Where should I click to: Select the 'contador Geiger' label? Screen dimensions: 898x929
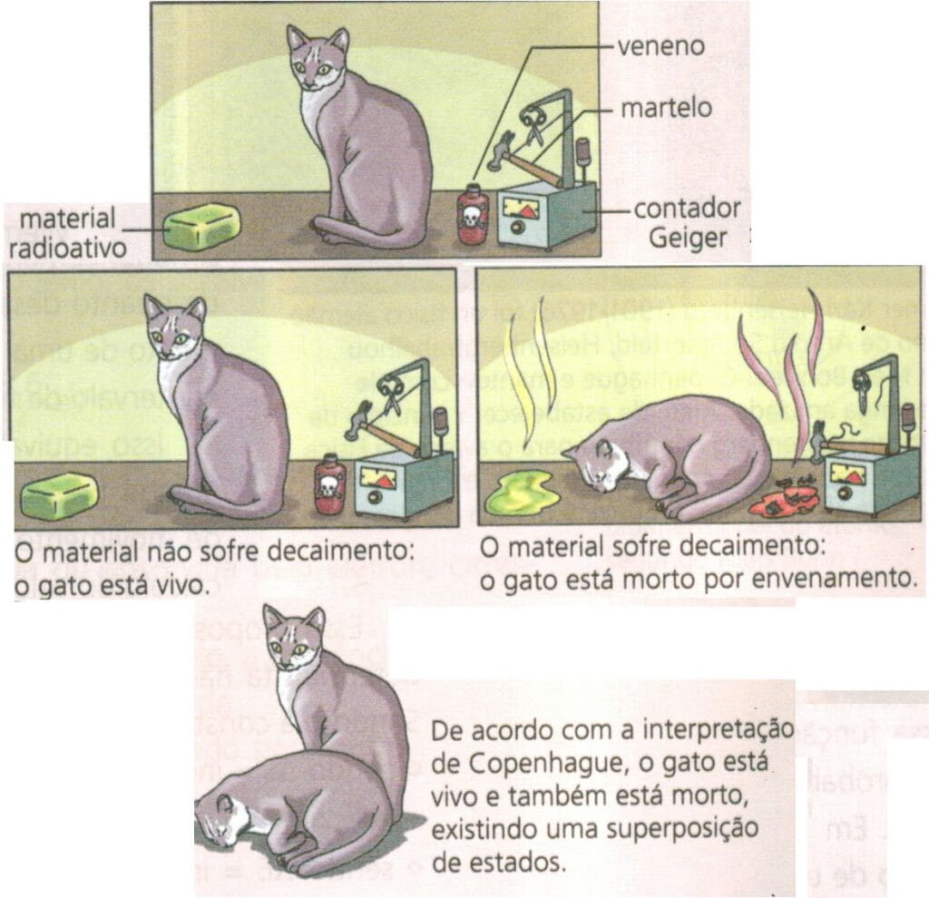(x=686, y=222)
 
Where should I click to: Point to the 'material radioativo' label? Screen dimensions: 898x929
(x=67, y=232)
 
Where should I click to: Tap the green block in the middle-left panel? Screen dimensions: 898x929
(x=60, y=497)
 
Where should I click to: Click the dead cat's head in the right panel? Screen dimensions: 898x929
(x=595, y=464)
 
